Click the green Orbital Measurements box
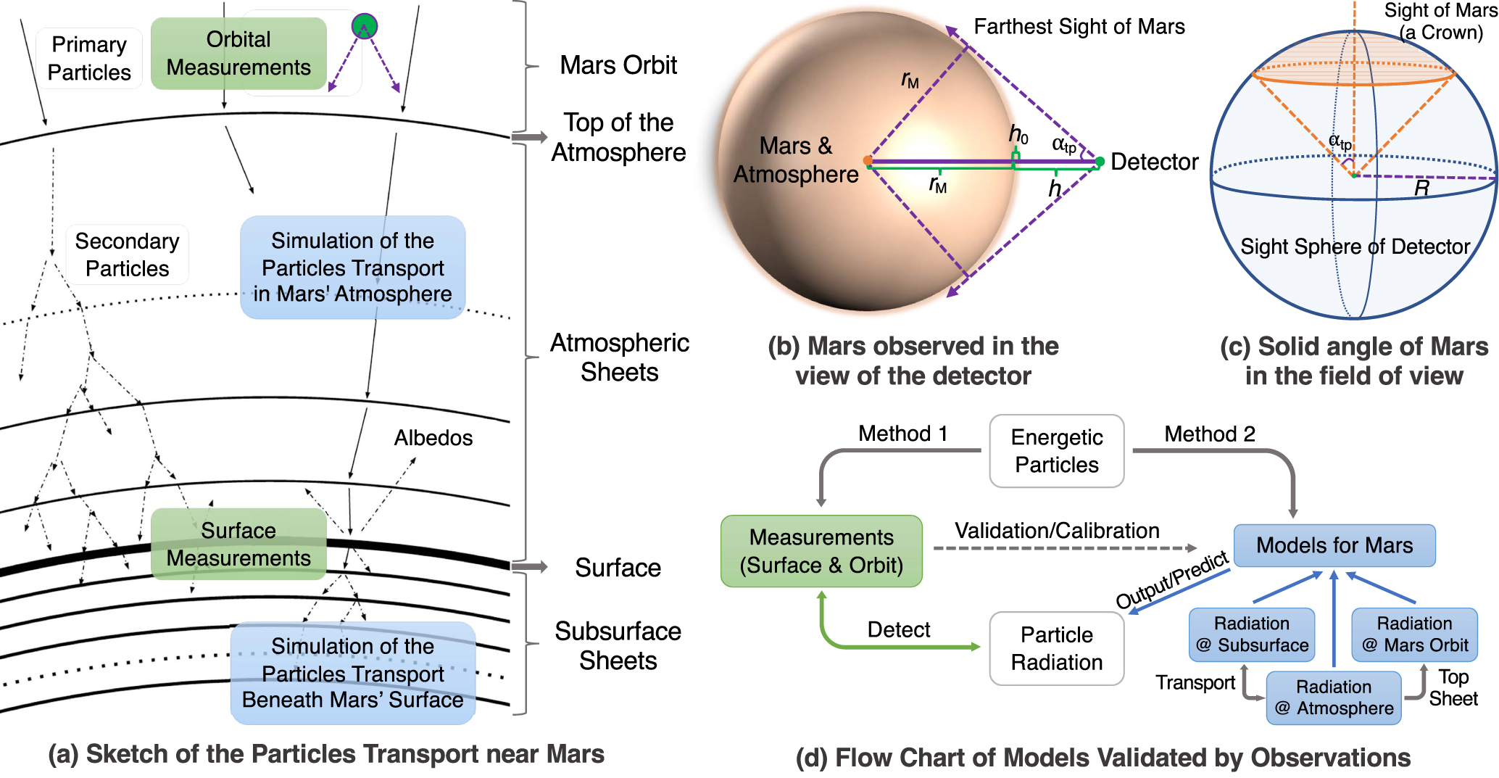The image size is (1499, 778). tap(238, 54)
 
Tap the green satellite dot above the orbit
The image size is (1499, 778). tap(364, 26)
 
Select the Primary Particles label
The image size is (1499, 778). tap(89, 59)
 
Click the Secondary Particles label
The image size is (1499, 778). tap(127, 254)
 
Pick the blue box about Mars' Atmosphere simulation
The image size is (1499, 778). tap(352, 267)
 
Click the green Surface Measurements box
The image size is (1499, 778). tap(238, 544)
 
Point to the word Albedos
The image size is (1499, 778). tap(433, 438)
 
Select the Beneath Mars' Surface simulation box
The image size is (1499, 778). tap(352, 673)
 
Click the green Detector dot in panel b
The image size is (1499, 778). tap(1100, 162)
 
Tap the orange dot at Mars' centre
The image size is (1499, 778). tap(868, 161)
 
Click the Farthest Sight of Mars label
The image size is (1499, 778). tap(1079, 27)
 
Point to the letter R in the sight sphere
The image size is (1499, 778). tap(1421, 189)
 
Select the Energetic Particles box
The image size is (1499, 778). tap(1056, 451)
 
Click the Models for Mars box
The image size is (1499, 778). tap(1334, 545)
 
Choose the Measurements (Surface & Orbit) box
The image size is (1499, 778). tap(821, 551)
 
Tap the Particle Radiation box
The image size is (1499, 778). tap(1056, 648)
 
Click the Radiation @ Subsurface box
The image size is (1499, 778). tap(1252, 634)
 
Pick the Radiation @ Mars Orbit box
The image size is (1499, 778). tap(1414, 634)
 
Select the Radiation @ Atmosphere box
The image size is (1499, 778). tap(1334, 698)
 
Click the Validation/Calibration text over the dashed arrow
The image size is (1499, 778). tap(1056, 531)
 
